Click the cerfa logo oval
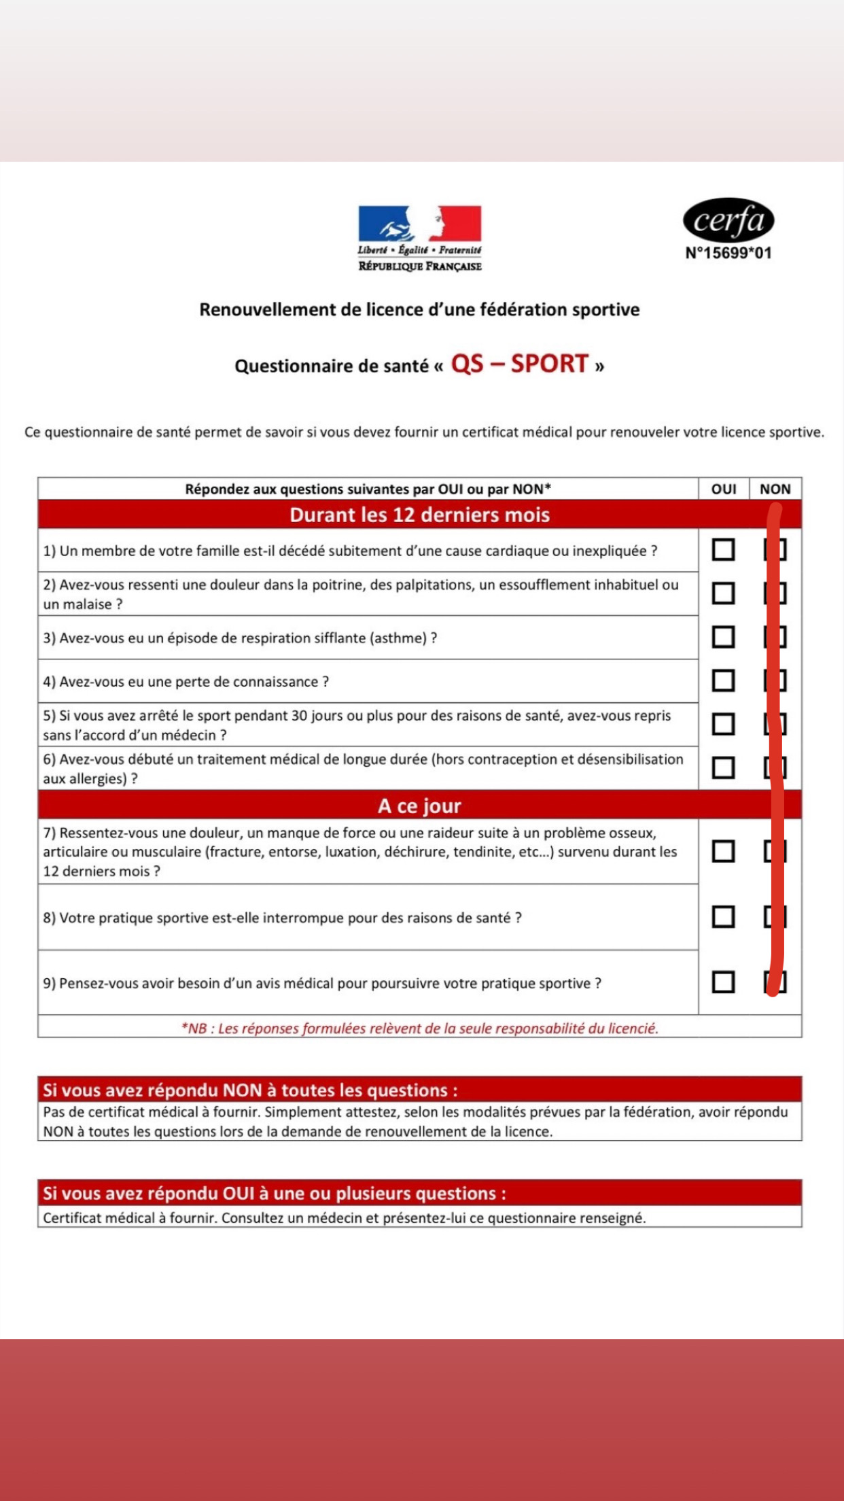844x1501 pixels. pos(728,220)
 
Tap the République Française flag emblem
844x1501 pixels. pos(419,224)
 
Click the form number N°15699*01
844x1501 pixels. pos(728,254)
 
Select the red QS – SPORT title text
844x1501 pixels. pos(519,364)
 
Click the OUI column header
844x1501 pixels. pos(723,489)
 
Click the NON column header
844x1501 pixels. pos(775,489)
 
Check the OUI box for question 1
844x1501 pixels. pos(723,549)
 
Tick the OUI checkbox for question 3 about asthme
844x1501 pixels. pos(723,637)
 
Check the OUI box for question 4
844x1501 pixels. pos(723,680)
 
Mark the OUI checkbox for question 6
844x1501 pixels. pos(723,767)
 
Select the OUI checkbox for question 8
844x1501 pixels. pos(723,916)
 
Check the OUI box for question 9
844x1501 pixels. pos(723,982)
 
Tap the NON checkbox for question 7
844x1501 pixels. pos(775,851)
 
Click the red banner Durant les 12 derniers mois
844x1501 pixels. pos(419,515)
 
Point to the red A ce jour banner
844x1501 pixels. pos(419,806)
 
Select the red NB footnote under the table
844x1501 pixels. pos(419,1029)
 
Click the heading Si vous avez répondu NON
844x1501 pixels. pos(250,1090)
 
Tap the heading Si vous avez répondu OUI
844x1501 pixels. pos(274,1194)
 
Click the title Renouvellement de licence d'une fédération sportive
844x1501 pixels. pos(419,310)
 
